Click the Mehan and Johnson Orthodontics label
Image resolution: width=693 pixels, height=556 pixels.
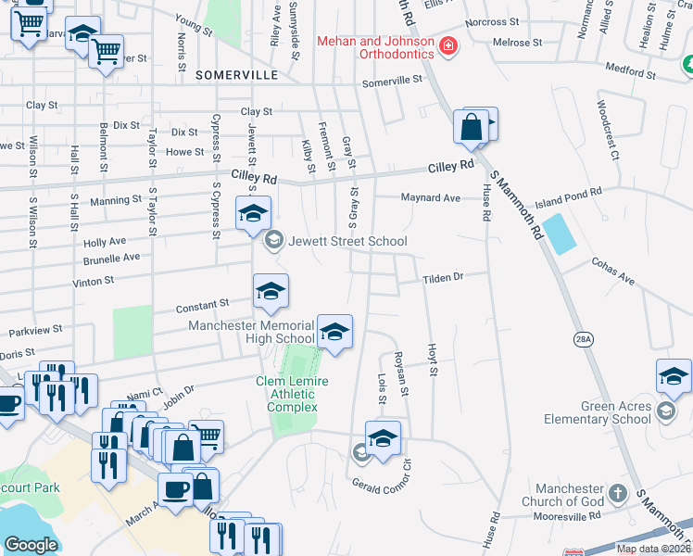coord(375,47)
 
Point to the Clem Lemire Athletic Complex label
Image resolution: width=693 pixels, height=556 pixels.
coord(293,394)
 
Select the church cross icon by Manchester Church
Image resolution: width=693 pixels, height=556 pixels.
coord(622,493)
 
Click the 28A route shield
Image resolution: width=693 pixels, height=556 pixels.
coord(584,340)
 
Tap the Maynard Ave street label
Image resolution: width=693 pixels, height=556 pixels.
coord(430,197)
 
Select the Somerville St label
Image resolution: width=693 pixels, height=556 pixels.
coord(392,82)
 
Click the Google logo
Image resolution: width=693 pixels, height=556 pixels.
coord(31,544)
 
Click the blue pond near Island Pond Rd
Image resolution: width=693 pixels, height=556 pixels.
coord(558,234)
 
